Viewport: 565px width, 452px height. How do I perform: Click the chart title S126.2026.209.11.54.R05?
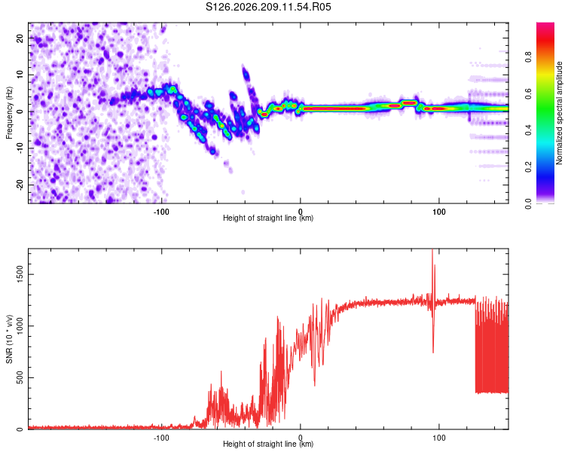point(268,7)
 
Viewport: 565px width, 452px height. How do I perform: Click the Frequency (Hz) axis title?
point(9,113)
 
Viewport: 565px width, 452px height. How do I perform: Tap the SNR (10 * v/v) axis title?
point(9,339)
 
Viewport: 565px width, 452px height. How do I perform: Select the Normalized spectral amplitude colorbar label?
point(559,113)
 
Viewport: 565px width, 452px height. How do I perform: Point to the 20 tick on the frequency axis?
point(20,38)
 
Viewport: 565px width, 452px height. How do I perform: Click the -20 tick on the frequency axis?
point(20,185)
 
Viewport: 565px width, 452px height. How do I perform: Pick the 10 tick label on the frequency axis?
point(20,75)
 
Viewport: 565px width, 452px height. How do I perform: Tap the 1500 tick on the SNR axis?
point(20,274)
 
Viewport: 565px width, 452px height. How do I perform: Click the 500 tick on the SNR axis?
point(20,377)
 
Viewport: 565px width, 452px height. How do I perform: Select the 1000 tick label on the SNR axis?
point(20,326)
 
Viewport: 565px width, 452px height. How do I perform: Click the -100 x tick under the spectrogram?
point(161,212)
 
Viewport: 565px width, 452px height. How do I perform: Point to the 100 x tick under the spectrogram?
point(439,212)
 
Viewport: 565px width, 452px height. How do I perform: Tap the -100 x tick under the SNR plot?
point(161,438)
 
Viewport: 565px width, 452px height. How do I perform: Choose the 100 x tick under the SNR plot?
point(439,438)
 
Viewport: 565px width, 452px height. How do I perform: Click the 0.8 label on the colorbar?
point(528,56)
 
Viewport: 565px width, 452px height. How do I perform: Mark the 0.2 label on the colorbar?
point(528,167)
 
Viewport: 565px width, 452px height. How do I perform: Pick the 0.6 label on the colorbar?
point(528,93)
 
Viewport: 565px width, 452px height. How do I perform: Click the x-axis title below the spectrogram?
point(268,218)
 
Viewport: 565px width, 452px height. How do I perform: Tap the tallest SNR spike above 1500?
point(432,251)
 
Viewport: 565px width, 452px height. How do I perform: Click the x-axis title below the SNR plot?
point(268,444)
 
